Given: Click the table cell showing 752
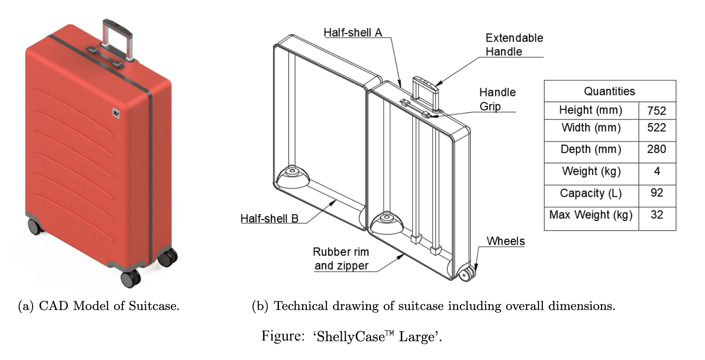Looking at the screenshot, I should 657,111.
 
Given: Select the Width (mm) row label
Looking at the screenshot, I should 591,128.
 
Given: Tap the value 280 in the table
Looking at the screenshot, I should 657,149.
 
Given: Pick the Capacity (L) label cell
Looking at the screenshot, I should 591,193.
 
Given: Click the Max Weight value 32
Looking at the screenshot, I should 657,215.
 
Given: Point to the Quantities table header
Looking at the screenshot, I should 609,91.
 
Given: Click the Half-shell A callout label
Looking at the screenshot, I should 352,32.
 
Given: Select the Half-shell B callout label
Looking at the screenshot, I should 269,218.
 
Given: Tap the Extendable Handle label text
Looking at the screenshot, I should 514,45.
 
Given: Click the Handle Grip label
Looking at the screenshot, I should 497,99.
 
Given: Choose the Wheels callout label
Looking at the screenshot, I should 505,241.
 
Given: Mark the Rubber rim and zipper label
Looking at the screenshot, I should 341,259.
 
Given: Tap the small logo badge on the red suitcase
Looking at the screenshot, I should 116,114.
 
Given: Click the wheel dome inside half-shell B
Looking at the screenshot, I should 292,177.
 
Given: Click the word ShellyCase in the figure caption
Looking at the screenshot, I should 350,336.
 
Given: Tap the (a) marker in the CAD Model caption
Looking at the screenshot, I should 26,306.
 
